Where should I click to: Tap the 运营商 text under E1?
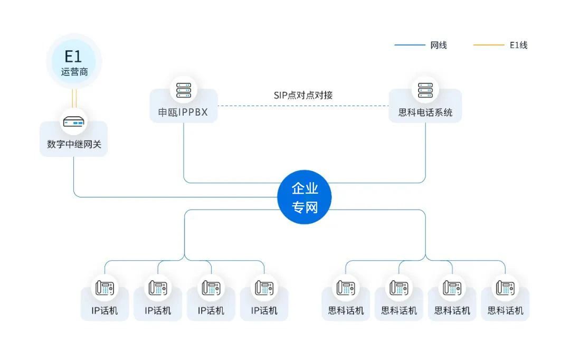[74, 71]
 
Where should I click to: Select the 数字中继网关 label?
[74, 144]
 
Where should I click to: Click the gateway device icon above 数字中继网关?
[74, 123]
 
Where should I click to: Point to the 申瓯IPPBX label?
[184, 112]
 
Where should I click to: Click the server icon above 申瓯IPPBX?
[184, 90]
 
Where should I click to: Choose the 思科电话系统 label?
[425, 112]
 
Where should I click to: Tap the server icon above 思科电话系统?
[425, 90]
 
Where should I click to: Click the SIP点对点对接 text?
[303, 95]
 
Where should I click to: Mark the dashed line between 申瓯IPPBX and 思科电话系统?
[303, 106]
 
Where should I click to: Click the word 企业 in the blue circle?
[305, 189]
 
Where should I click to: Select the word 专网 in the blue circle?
[305, 207]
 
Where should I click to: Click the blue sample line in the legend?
[409, 45]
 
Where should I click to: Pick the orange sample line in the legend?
[488, 45]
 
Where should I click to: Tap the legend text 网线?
[439, 45]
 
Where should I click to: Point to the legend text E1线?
[518, 45]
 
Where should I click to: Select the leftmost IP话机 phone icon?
[104, 288]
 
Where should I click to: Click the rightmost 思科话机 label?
[505, 310]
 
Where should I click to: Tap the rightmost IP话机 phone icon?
[264, 288]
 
